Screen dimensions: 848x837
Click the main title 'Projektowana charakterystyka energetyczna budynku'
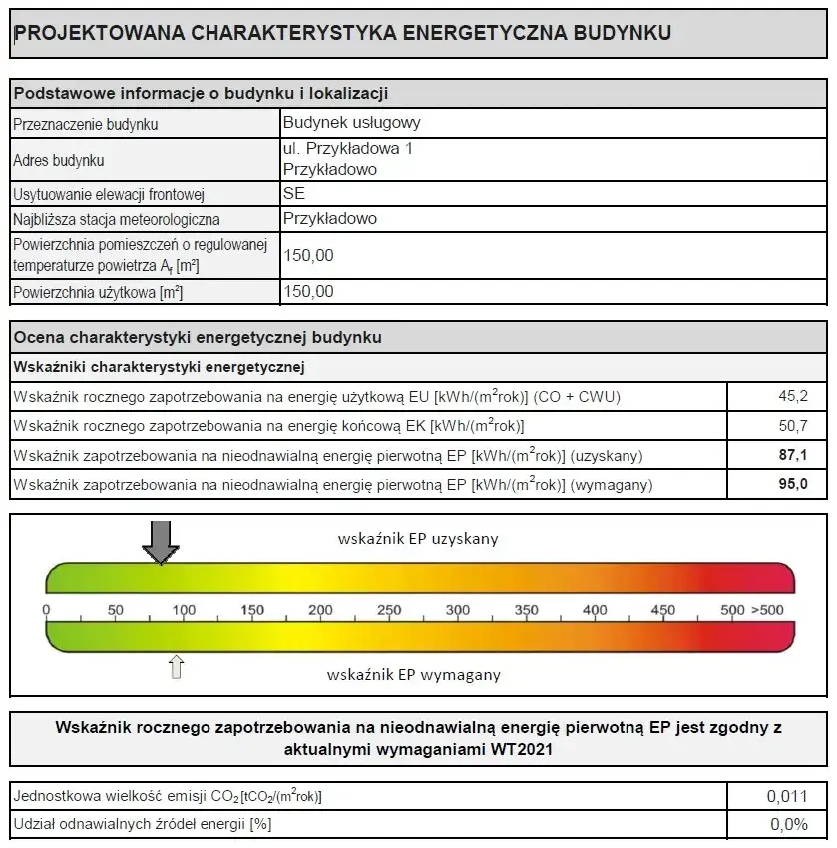click(342, 32)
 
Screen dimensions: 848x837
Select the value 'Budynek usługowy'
click(351, 123)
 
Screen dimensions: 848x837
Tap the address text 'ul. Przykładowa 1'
click(347, 148)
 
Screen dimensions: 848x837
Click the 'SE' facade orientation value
click(294, 193)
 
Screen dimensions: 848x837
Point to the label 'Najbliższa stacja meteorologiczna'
click(117, 219)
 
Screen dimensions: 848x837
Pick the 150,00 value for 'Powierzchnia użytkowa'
click(309, 292)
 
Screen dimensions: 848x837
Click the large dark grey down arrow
click(160, 542)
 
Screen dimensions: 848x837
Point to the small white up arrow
click(177, 666)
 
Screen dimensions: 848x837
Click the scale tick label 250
click(389, 610)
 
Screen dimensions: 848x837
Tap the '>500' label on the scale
click(767, 610)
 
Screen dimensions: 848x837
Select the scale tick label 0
click(46, 610)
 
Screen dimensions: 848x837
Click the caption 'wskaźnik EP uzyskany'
click(418, 539)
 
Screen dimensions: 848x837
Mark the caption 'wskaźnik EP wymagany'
click(414, 674)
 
